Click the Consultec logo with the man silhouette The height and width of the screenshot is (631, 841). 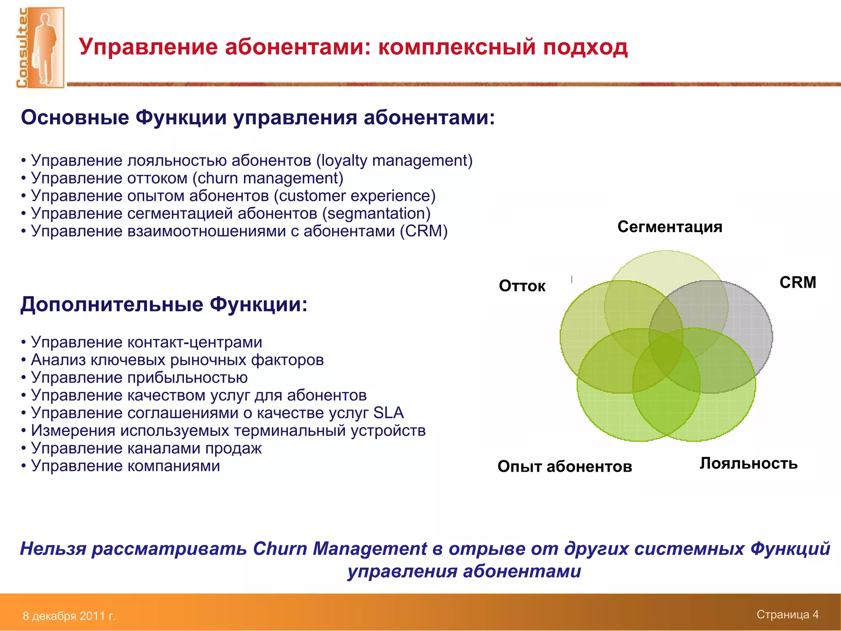coord(40,47)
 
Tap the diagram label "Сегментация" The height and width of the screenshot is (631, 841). coord(669,227)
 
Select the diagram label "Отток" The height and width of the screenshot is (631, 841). coord(522,286)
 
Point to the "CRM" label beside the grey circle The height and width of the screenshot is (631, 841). coord(797,283)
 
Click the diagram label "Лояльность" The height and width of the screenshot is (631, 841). coord(748,463)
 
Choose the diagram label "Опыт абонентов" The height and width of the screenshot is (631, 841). coord(565,466)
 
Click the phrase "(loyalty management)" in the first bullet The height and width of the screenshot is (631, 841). coord(394,161)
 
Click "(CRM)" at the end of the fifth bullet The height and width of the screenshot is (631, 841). coord(424,231)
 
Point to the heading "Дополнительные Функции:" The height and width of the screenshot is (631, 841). coord(164,305)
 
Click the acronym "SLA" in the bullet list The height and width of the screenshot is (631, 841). coord(388,413)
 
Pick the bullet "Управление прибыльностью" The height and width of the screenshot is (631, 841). coord(139,378)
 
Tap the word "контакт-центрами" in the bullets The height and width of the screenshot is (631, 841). coord(194,342)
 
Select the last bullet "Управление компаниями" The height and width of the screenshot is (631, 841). coord(125,466)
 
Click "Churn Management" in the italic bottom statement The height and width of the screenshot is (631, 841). coord(340,549)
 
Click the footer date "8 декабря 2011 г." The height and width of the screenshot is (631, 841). coord(69,616)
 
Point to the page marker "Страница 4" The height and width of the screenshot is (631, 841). coord(787,615)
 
